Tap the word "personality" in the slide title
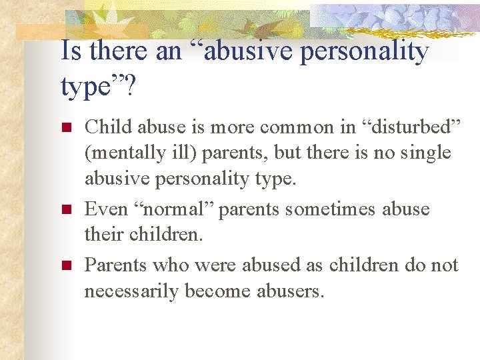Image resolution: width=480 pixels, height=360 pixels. click(364, 52)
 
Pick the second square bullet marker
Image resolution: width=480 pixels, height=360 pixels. click(65, 210)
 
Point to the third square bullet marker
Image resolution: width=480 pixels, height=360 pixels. click(65, 266)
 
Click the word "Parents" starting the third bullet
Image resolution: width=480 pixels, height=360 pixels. click(115, 265)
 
